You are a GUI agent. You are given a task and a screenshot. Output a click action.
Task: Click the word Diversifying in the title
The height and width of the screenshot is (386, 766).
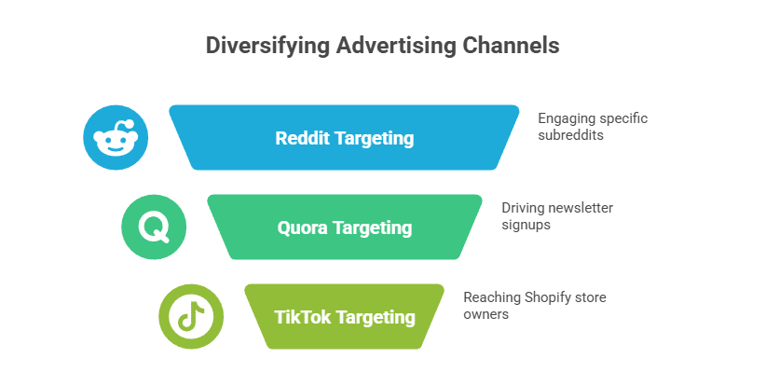267,46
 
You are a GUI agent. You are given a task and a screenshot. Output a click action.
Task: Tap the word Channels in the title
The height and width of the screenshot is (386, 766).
511,45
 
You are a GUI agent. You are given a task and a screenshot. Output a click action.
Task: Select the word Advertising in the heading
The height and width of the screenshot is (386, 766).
396,46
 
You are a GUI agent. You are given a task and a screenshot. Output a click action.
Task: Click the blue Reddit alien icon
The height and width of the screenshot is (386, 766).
116,137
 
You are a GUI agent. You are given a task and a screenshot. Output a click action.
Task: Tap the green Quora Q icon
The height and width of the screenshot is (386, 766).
154,227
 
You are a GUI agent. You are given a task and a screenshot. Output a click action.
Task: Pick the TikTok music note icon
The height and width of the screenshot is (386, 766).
191,316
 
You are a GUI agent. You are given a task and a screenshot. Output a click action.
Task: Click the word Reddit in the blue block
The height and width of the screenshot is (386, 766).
303,138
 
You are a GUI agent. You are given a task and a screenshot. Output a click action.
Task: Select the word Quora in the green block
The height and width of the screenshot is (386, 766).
303,228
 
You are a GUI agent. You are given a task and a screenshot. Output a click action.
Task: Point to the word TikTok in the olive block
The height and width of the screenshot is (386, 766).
303,317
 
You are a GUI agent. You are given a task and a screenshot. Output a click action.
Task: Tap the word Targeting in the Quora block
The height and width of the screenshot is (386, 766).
373,228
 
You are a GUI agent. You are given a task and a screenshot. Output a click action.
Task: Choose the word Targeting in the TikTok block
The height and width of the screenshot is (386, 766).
376,318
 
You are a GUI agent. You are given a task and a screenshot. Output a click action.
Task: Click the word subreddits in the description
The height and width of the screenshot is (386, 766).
570,135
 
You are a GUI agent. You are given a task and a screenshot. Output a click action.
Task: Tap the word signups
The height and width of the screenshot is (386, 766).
526,226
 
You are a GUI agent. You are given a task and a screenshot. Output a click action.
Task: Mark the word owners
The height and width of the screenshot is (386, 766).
486,314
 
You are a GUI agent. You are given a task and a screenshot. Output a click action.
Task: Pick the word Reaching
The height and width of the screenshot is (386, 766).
492,298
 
